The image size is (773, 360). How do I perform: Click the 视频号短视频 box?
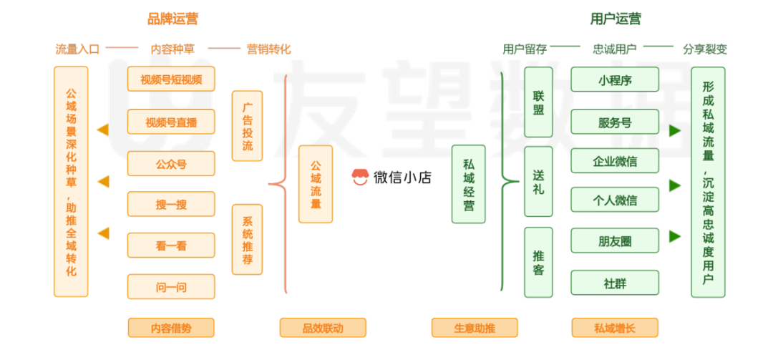coord(170,79)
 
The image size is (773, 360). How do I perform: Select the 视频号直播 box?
coord(170,122)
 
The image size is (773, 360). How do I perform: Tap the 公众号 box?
coord(170,164)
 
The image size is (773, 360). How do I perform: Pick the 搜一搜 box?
coord(170,205)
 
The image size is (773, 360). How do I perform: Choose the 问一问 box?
coord(170,287)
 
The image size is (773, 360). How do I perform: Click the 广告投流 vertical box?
coord(248,126)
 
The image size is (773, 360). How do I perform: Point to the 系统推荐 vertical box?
coord(248,239)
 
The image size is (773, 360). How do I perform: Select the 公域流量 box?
coord(315,183)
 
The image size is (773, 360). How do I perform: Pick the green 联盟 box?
coord(538,102)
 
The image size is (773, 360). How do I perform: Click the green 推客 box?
coord(538,262)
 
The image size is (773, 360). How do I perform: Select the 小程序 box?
coord(615,80)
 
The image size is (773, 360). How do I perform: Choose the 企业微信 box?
coord(615,161)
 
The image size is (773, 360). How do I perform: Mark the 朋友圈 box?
coord(615,242)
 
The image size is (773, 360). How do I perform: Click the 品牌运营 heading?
coord(172,19)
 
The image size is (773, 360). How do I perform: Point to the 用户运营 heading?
coord(615,19)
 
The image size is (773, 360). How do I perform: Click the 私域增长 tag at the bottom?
coord(614,329)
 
